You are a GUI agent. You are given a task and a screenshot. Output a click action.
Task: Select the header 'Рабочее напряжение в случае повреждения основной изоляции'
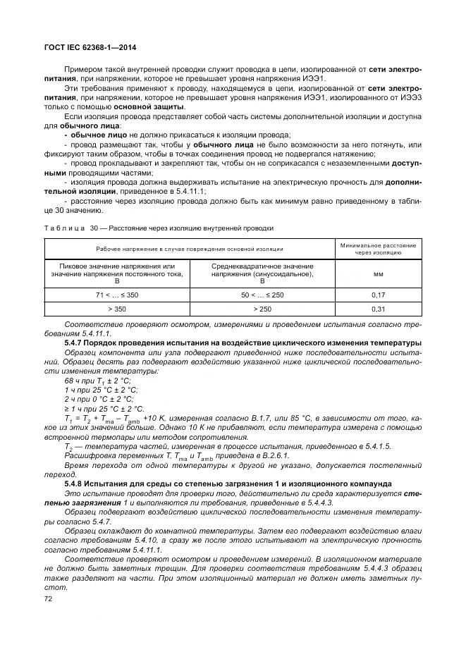[x=190, y=249]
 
